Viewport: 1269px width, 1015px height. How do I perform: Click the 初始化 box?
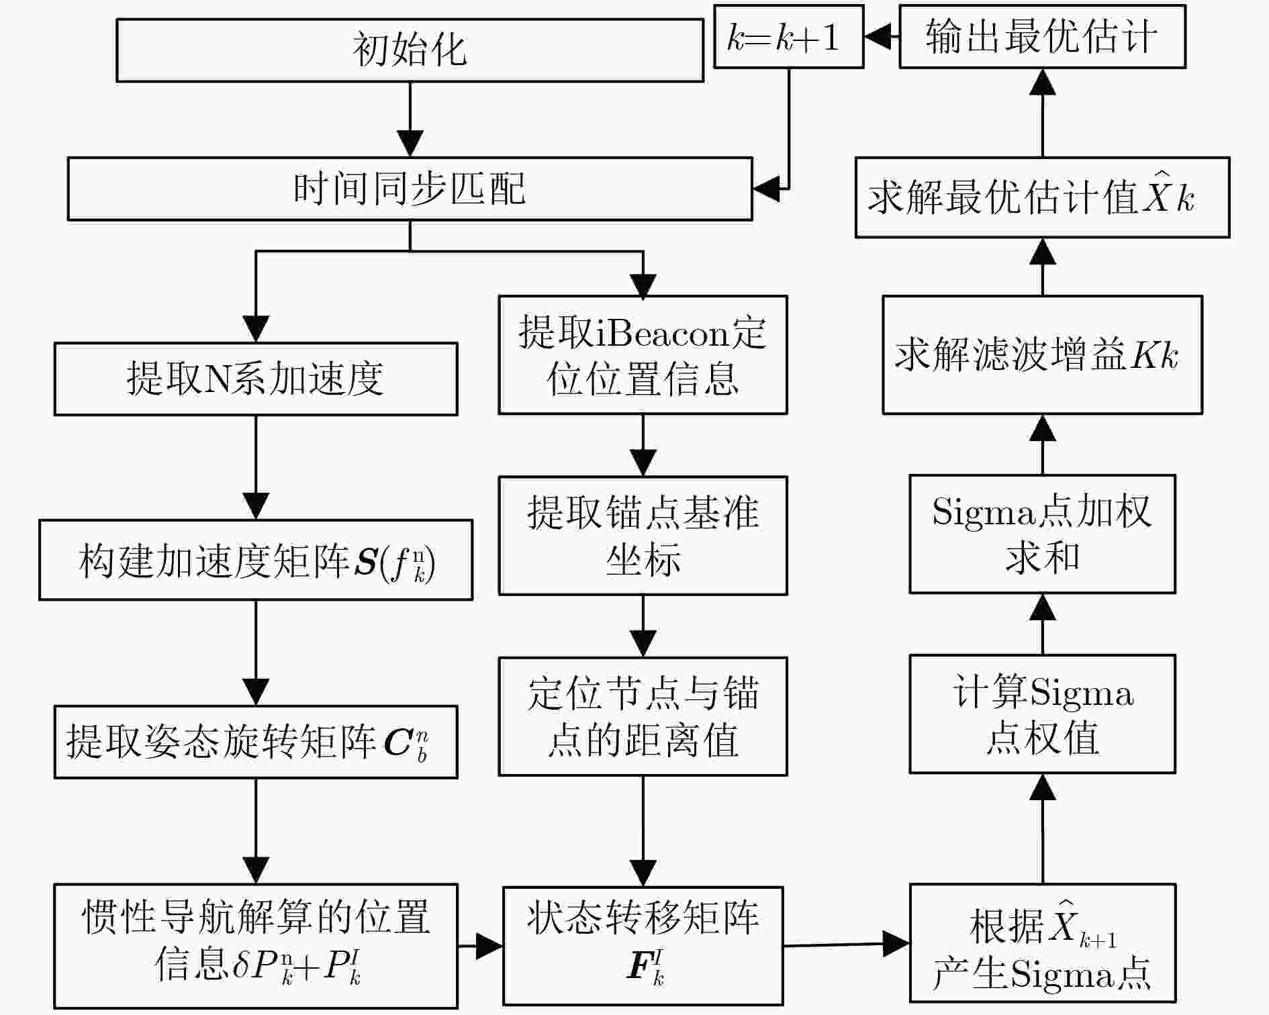point(410,50)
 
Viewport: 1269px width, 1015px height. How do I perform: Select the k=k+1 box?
point(788,37)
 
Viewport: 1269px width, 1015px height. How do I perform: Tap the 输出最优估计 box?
point(1042,37)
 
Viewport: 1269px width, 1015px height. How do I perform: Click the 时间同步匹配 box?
point(410,189)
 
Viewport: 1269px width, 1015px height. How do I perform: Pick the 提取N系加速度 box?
point(256,379)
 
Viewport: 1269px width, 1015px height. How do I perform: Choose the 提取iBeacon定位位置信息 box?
point(643,355)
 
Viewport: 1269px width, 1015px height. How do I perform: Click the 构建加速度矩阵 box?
point(256,560)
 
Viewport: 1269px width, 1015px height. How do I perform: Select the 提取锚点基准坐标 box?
point(643,536)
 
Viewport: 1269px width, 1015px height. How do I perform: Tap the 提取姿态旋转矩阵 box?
point(256,742)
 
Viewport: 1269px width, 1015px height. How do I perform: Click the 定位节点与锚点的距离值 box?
point(643,716)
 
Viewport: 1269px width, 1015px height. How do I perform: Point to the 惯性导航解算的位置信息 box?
point(256,945)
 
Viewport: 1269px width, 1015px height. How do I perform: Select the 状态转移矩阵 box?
point(643,945)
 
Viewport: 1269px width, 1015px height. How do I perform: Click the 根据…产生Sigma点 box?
point(1042,943)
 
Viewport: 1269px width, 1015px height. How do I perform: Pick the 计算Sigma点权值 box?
point(1042,714)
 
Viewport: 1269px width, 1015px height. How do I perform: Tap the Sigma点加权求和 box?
point(1042,534)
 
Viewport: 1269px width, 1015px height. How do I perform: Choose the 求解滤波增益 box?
point(1042,355)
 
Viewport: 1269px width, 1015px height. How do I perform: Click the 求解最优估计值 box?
point(1042,197)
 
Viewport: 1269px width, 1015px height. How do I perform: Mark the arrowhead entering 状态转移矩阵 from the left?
point(489,946)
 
